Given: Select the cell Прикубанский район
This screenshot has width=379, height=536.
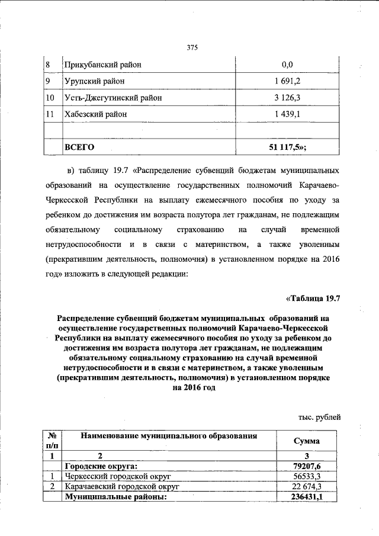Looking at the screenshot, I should pos(103,64).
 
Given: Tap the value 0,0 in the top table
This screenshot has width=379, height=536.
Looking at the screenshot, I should pos(288,64).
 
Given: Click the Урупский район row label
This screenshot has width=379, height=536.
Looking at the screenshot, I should pos(95,81).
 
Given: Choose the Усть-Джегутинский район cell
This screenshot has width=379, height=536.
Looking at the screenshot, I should pos(113,97).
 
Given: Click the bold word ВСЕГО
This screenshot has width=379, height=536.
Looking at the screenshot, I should pos(79,146).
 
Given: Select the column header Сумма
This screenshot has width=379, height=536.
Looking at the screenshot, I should pos(307,442).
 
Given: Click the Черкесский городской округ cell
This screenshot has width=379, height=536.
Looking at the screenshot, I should pos(117,476).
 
